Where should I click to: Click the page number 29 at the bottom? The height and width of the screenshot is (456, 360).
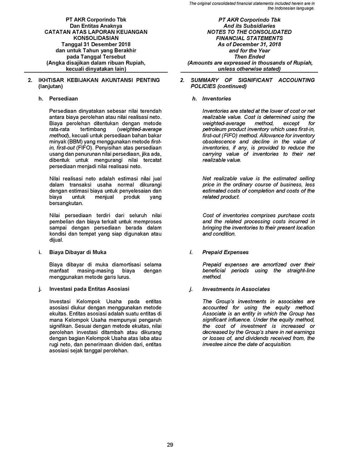(170, 445)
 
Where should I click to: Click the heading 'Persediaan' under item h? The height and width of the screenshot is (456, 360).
(63, 98)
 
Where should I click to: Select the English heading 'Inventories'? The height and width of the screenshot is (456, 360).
(216, 98)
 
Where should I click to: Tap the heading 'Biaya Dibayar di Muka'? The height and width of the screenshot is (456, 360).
(78, 252)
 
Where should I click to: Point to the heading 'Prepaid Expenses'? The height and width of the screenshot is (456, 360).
(225, 252)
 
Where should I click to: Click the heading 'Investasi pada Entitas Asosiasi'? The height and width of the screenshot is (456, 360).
(89, 289)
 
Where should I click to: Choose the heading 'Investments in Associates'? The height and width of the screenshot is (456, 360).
(236, 289)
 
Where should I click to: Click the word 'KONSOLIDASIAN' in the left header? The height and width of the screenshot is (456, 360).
(96, 38)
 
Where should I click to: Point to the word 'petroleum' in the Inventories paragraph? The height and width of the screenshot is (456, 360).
(215, 129)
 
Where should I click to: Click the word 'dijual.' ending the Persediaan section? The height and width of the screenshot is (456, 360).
(56, 240)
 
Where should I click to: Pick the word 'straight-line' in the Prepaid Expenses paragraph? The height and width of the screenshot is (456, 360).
(301, 271)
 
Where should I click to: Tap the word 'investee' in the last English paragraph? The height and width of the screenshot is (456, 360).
(213, 344)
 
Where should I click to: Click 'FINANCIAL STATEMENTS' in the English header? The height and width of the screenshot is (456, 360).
(249, 38)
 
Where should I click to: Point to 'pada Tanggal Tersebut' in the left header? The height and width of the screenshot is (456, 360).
(96, 57)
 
